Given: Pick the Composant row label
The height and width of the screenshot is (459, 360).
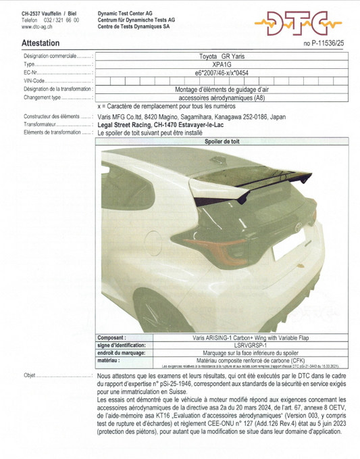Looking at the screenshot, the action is [111, 337].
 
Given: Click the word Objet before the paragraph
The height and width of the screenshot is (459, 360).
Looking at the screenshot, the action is [30, 375].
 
